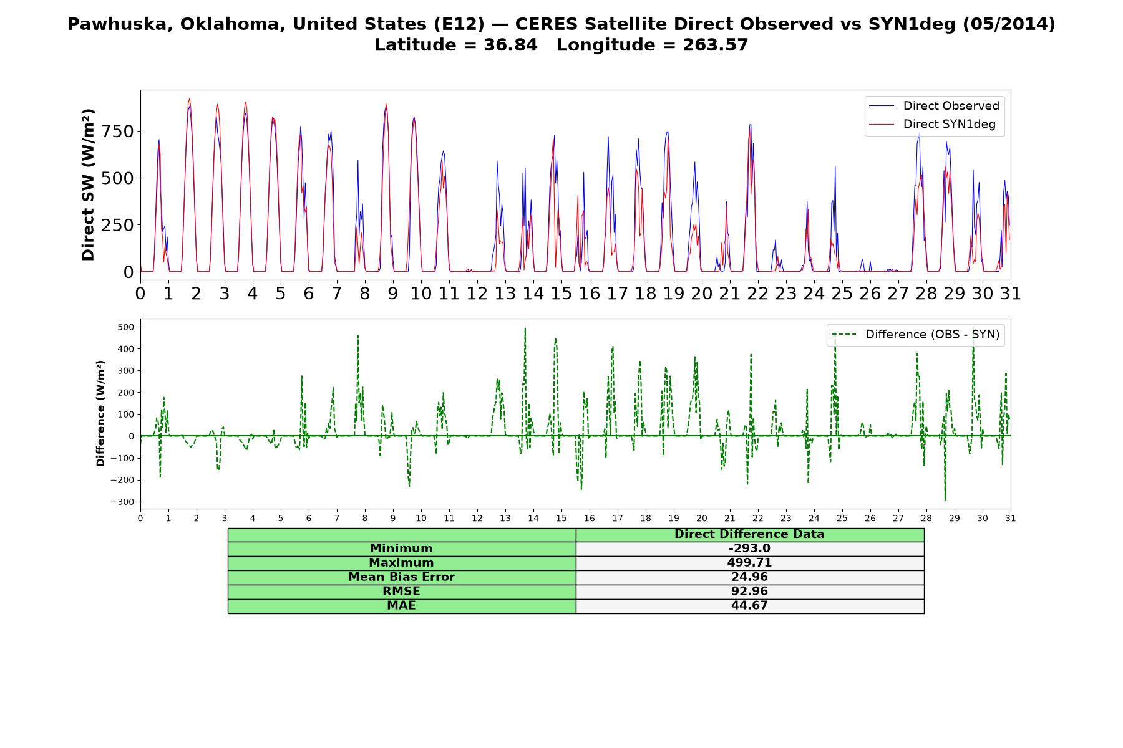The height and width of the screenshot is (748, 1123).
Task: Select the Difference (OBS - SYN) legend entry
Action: pyautogui.click(x=915, y=335)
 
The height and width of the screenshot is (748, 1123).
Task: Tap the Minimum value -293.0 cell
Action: pyautogui.click(x=749, y=549)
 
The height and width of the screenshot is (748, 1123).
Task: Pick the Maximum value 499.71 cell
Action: pyautogui.click(x=749, y=563)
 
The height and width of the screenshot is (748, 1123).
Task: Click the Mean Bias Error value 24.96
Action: pyautogui.click(x=749, y=577)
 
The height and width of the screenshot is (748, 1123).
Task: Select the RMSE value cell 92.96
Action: pyautogui.click(x=749, y=592)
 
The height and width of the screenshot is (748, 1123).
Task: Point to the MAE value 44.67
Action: pyautogui.click(x=749, y=606)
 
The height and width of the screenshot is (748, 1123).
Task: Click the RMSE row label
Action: pyautogui.click(x=402, y=592)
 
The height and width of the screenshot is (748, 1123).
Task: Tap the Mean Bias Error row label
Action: pyautogui.click(x=402, y=577)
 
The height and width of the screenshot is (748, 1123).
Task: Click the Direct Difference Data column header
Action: pyautogui.click(x=749, y=534)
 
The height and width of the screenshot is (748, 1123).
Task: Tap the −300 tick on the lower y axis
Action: pyautogui.click(x=122, y=502)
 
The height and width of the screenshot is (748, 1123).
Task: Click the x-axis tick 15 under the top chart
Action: pyautogui.click(x=561, y=294)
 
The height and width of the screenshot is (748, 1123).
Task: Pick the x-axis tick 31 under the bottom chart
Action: pyautogui.click(x=1011, y=519)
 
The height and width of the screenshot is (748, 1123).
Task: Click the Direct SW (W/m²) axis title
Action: pyautogui.click(x=88, y=185)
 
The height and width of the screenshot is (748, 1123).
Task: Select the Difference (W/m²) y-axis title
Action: pyautogui.click(x=100, y=413)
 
